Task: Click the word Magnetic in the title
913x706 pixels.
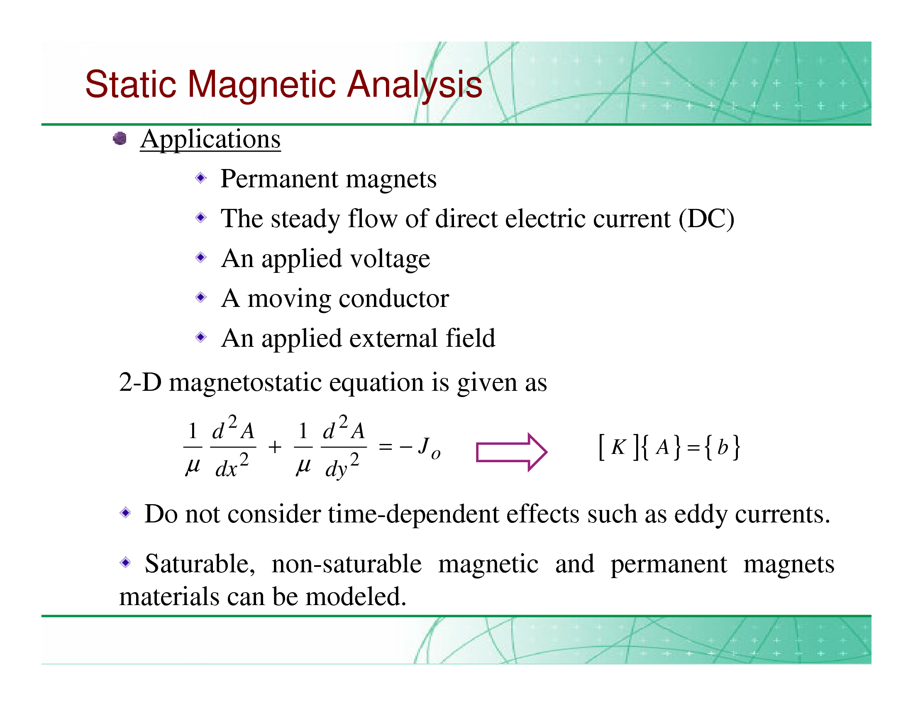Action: pos(262,84)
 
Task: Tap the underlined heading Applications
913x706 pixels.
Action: pos(210,139)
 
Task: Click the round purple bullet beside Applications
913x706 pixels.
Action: pos(120,138)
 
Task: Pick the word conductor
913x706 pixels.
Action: pos(394,299)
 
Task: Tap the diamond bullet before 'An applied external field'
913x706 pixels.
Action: pos(201,337)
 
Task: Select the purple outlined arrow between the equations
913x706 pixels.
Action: pos(512,452)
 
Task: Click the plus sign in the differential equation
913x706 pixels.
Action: pos(275,447)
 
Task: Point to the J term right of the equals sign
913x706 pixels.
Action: pos(429,448)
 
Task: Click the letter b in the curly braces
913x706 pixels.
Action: pos(723,447)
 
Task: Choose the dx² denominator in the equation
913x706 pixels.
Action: pos(232,465)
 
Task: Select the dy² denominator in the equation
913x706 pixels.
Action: pos(342,466)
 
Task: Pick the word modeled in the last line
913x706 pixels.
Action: pos(356,596)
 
